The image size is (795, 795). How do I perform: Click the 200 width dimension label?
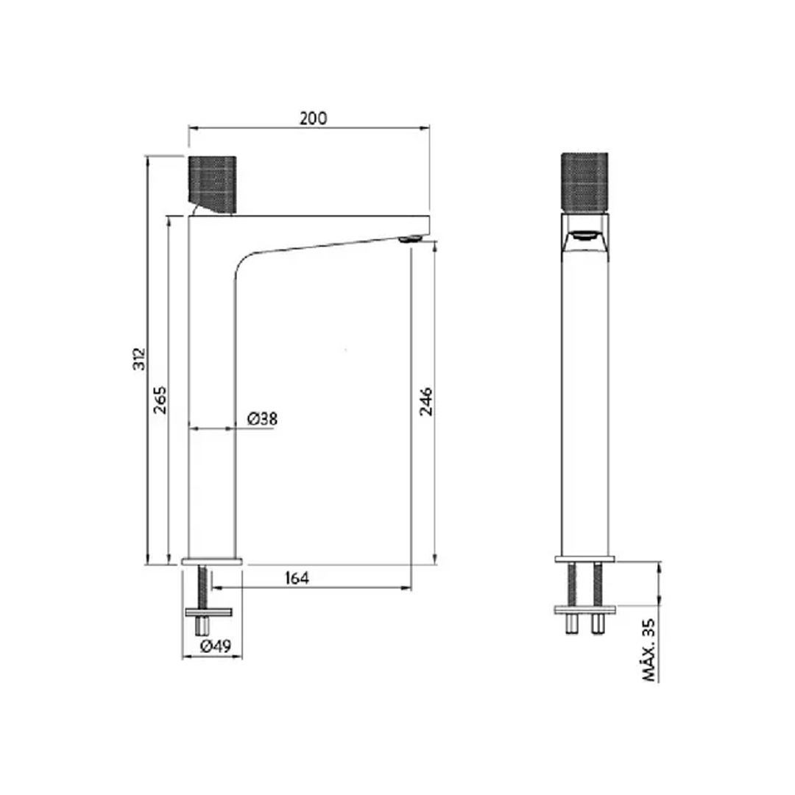[314, 118]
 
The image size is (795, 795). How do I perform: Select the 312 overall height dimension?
[139, 358]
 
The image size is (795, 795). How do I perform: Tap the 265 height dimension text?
[160, 400]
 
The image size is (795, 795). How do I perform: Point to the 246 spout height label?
[426, 402]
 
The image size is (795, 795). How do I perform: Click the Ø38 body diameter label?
[262, 419]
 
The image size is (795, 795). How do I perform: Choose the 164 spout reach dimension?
[297, 578]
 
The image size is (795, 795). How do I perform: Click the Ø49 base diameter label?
[216, 646]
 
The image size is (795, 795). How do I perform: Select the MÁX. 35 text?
[649, 650]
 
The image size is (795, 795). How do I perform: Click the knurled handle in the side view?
[213, 184]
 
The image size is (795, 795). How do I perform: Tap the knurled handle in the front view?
[584, 180]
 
